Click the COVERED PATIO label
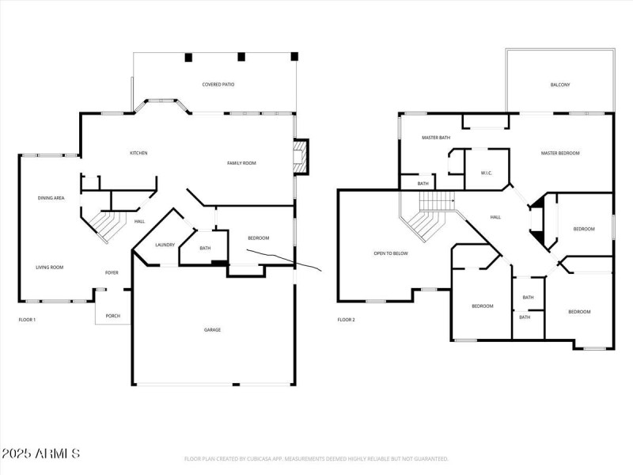[218, 84]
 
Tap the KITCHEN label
[138, 153]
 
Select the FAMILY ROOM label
[241, 163]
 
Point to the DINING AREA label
[51, 197]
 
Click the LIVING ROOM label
[49, 268]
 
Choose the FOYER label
[112, 272]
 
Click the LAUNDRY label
[165, 245]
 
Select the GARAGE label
[212, 329]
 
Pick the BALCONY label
[560, 85]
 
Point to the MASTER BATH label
[435, 138]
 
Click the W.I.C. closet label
[487, 173]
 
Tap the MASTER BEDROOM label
[560, 153]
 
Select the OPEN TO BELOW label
[390, 253]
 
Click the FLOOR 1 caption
[27, 320]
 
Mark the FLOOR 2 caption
[346, 320]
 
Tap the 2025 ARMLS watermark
[40, 454]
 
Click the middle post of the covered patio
[241, 57]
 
